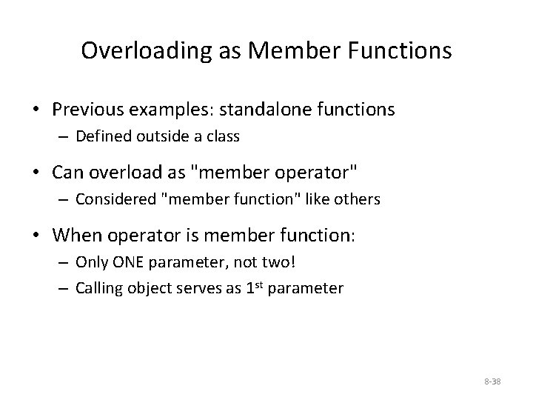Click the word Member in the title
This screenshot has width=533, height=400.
pos(282,50)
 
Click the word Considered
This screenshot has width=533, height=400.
pos(111,199)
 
